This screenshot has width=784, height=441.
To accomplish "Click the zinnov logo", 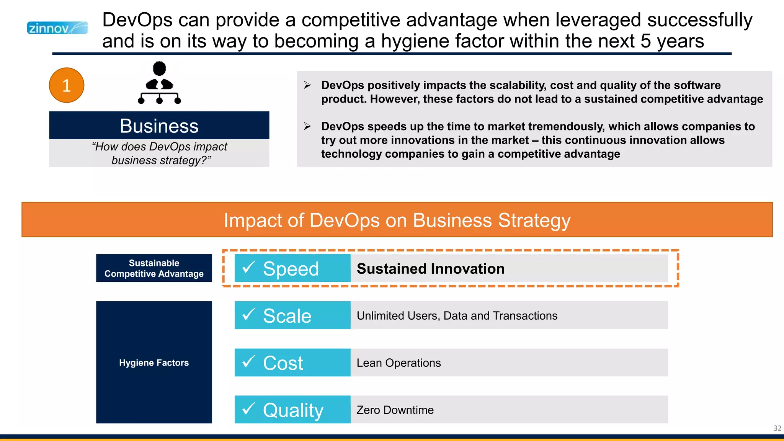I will point(57,28).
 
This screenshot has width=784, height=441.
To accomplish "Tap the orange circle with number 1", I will point(67,85).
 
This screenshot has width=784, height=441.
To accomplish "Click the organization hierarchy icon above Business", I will point(159,83).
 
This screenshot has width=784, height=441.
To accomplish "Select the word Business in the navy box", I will point(159,126).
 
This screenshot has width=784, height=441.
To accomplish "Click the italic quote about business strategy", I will point(159,153).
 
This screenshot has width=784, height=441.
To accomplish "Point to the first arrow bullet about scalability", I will point(307,85).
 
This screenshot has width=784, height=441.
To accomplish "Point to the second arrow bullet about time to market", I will point(307,126).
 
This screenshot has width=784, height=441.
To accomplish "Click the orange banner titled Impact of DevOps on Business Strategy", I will point(397,220).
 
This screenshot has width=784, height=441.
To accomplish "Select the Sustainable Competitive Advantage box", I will point(154,268).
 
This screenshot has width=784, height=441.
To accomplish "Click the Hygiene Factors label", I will point(154,363).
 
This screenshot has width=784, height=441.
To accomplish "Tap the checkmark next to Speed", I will point(249,267).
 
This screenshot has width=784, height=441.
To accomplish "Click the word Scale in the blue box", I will point(287,316).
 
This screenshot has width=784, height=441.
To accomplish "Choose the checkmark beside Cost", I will point(249,361).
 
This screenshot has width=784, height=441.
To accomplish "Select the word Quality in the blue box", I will point(293,410).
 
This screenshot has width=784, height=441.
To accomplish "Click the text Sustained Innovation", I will point(430,269).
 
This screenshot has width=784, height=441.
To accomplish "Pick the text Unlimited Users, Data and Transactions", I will point(457,316).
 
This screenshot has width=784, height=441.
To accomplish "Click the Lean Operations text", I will point(399,363).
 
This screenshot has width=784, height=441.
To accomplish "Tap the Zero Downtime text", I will point(395,410).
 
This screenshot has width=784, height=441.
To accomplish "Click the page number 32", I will point(777,428).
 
